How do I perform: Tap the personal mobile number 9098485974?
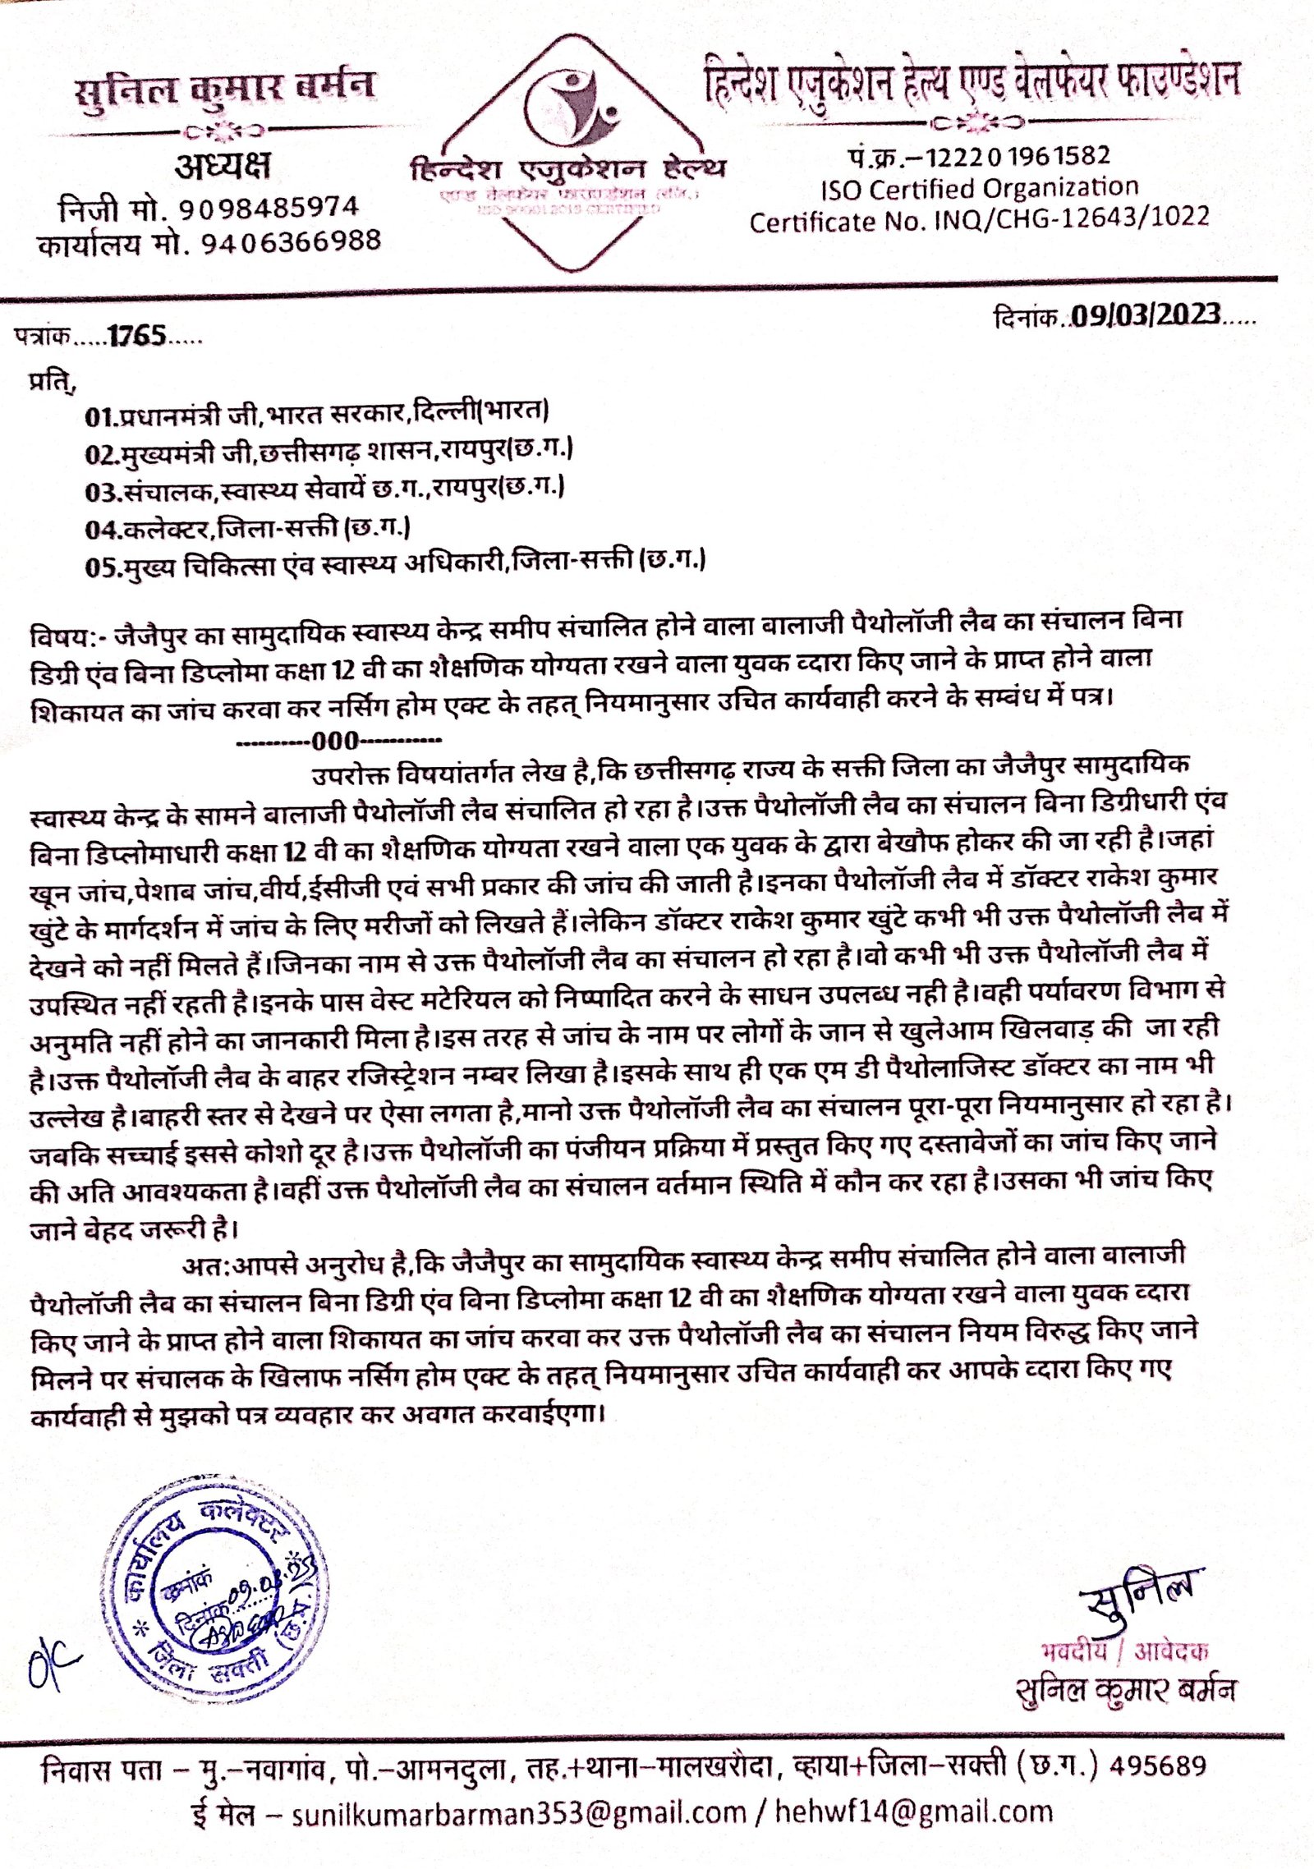(269, 208)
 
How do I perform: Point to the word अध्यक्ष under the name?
(223, 168)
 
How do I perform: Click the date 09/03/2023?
(1145, 315)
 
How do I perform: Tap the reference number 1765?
(137, 335)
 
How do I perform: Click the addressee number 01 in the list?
(98, 416)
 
